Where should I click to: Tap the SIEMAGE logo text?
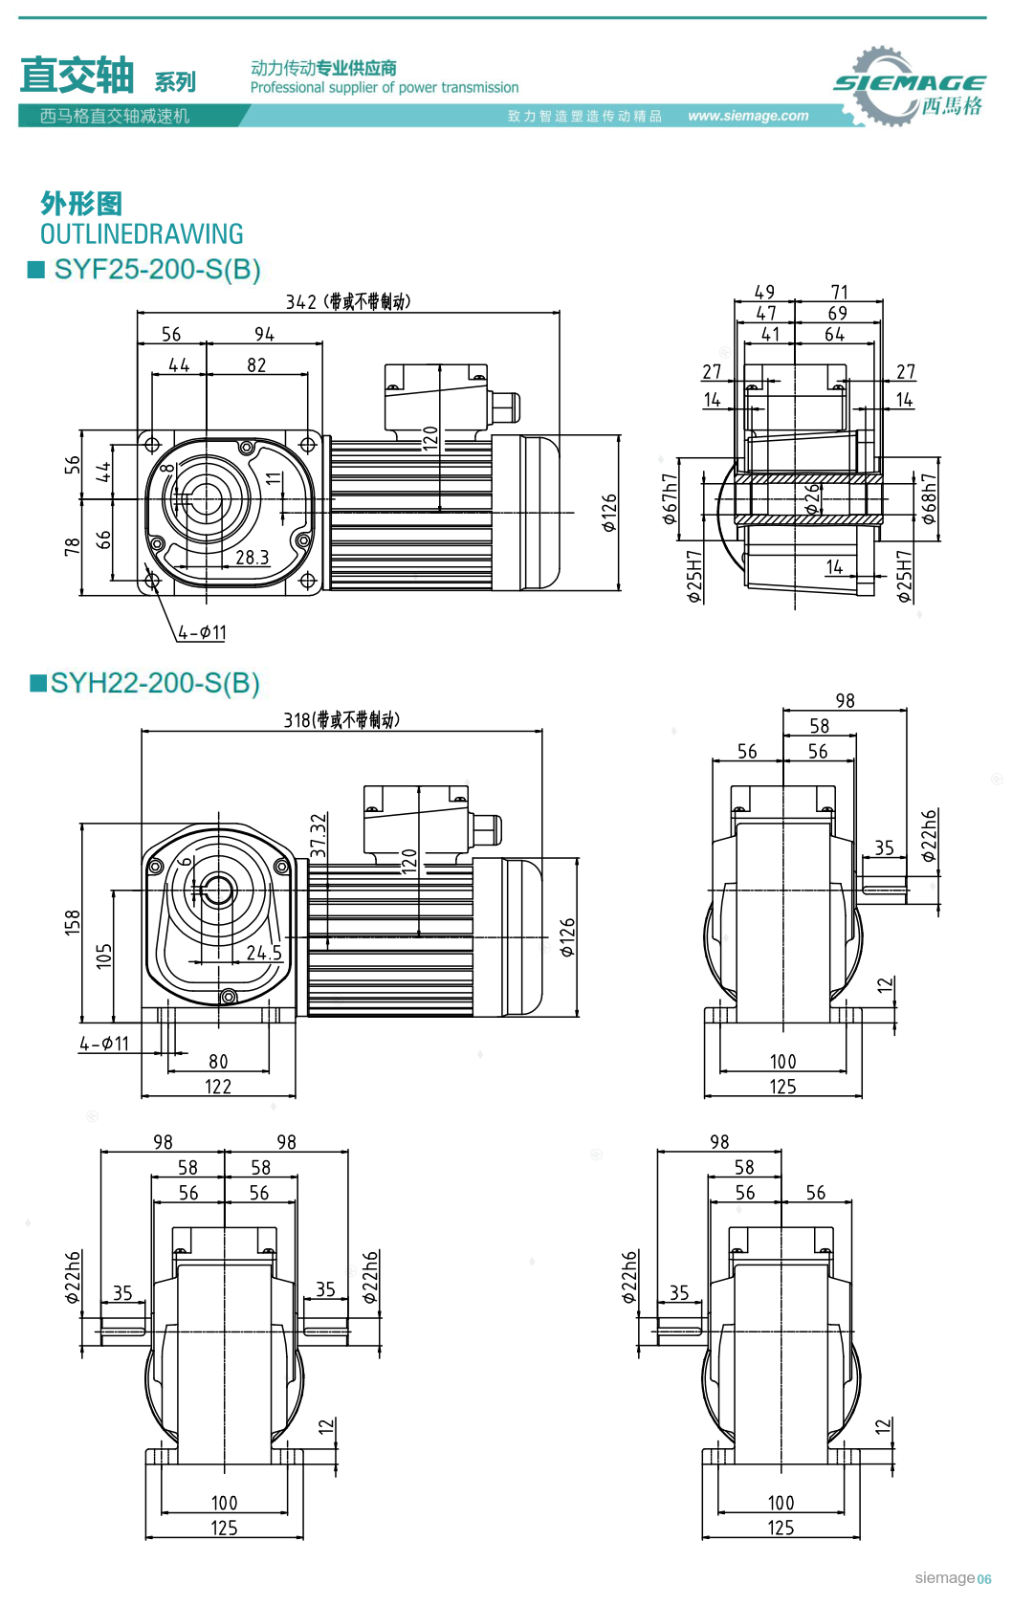pyautogui.click(x=909, y=83)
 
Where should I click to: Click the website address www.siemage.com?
pyautogui.click(x=748, y=116)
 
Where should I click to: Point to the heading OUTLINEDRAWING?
pyautogui.click(x=142, y=234)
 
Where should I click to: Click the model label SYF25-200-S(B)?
pyautogui.click(x=157, y=270)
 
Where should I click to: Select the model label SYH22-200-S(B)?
pyautogui.click(x=155, y=684)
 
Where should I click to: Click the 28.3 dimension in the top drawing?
pyautogui.click(x=252, y=558)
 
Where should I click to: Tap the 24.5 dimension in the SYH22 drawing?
pyautogui.click(x=264, y=954)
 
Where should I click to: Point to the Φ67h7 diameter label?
pyautogui.click(x=670, y=499)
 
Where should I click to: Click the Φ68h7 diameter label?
pyautogui.click(x=929, y=499)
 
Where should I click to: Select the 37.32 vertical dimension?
pyautogui.click(x=319, y=835)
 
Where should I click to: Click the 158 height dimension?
pyautogui.click(x=73, y=923)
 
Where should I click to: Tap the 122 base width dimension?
pyautogui.click(x=218, y=1088)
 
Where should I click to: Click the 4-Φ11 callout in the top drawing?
pyautogui.click(x=202, y=633)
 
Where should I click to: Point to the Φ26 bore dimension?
pyautogui.click(x=812, y=498)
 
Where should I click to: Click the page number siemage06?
pyautogui.click(x=953, y=1578)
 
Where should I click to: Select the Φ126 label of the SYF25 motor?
pyautogui.click(x=609, y=513)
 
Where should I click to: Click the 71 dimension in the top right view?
pyautogui.click(x=839, y=292)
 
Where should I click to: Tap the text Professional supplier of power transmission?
pyautogui.click(x=385, y=88)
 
